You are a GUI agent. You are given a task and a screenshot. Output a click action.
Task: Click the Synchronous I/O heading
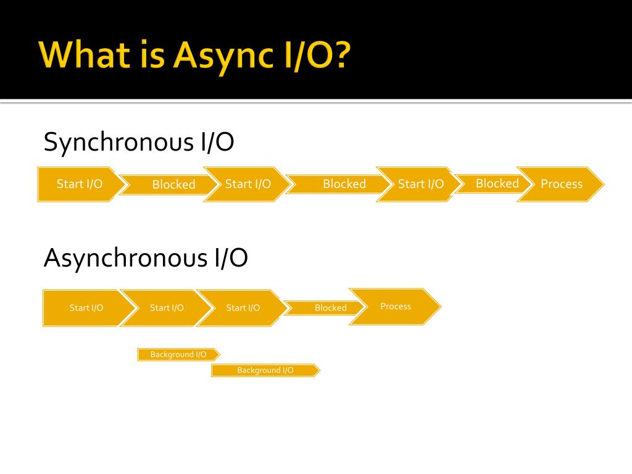139,143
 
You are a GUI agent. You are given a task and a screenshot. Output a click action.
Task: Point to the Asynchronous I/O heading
146,257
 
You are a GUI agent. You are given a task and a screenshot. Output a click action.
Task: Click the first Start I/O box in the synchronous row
79,184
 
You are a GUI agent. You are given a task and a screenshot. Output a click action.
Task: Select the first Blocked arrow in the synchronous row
173,185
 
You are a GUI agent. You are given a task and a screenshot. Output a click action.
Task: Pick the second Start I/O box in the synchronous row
247,184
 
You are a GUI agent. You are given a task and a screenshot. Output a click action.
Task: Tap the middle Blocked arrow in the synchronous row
344,184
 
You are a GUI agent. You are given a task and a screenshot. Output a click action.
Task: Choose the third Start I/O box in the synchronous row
420,184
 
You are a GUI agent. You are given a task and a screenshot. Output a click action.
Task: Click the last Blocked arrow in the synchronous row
497,183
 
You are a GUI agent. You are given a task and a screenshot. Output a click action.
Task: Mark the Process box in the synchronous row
561,184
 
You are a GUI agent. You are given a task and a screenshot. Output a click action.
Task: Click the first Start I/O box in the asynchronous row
86,307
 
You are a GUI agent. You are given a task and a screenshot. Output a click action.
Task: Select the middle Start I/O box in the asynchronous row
167,307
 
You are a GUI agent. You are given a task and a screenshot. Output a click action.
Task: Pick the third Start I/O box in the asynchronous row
243,307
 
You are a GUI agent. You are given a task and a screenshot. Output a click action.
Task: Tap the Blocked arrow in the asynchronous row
330,307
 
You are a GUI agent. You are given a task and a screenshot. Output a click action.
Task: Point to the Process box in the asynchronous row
396,306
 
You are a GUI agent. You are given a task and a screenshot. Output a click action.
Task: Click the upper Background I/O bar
178,354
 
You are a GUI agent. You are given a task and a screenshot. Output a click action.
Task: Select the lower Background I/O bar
265,370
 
